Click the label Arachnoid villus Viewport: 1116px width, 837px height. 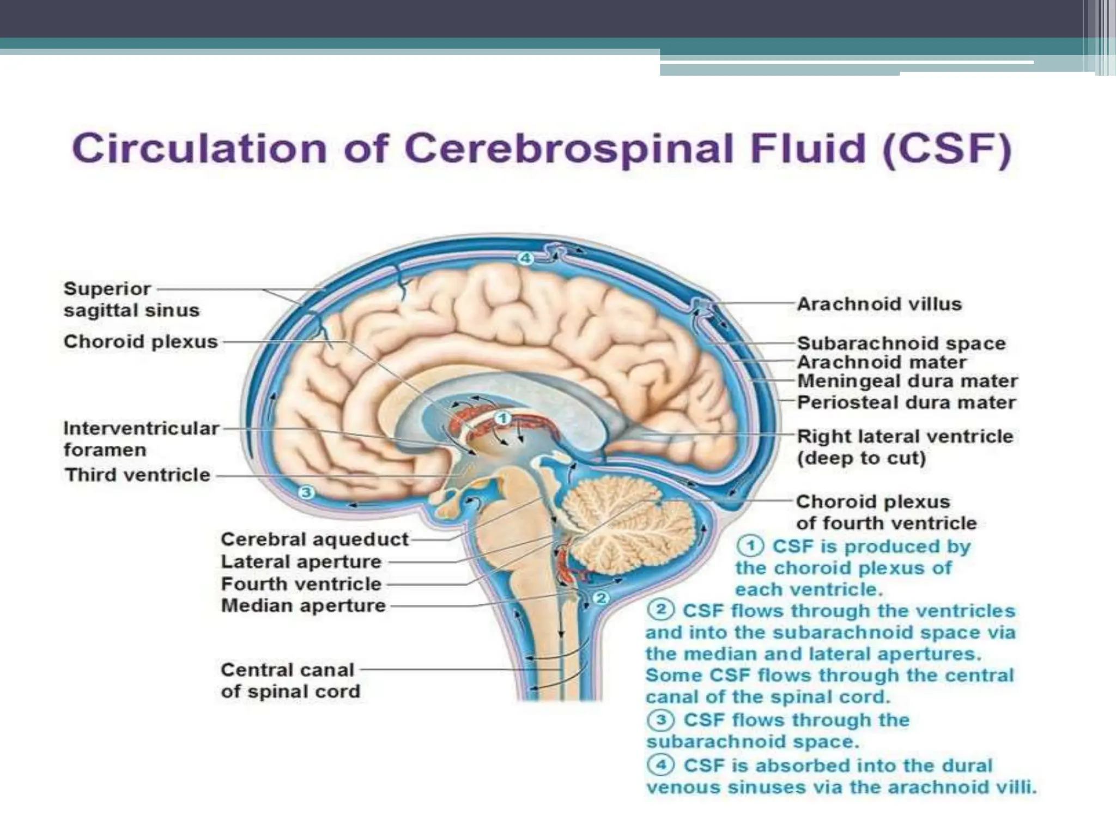[x=879, y=304]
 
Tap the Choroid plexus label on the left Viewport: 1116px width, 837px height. [x=141, y=342]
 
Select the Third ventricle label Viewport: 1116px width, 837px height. [x=137, y=475]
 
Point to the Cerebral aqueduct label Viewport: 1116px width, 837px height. [x=314, y=539]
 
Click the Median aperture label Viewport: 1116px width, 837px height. [x=303, y=605]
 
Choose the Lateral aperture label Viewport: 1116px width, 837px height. [x=301, y=562]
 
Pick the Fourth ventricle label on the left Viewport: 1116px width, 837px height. [x=301, y=584]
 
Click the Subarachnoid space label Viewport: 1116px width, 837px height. [x=901, y=343]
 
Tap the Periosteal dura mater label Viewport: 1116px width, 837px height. [x=906, y=403]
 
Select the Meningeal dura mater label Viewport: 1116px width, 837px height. [x=907, y=381]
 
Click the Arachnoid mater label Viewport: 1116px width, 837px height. [x=882, y=362]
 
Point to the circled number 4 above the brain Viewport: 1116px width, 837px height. [x=525, y=258]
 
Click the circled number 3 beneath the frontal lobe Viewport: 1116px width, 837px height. [x=306, y=493]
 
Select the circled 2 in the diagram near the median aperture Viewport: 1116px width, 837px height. [x=601, y=598]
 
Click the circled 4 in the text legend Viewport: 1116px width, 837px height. [x=661, y=765]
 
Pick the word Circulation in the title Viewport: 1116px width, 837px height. [x=199, y=148]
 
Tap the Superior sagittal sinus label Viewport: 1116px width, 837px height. [x=131, y=300]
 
